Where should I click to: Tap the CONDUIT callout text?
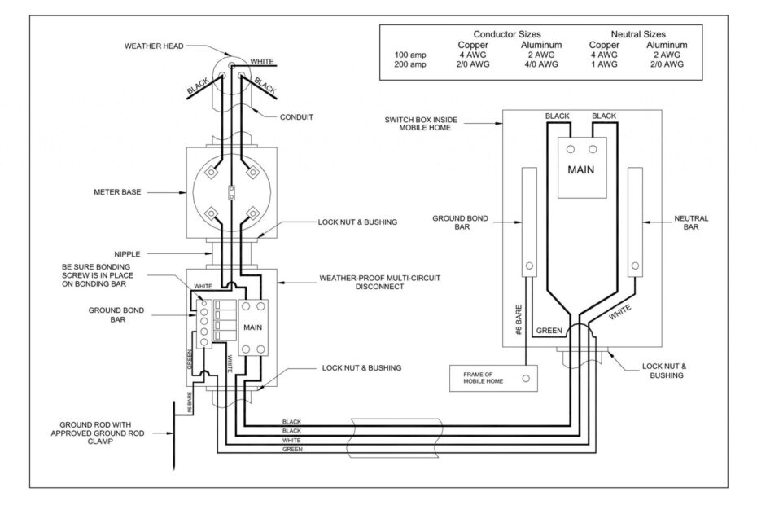pyautogui.click(x=295, y=116)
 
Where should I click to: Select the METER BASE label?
pyautogui.click(x=118, y=192)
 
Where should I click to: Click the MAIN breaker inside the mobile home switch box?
pyautogui.click(x=581, y=169)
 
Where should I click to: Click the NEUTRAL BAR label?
pyautogui.click(x=691, y=223)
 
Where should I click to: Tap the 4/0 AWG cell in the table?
pyautogui.click(x=540, y=64)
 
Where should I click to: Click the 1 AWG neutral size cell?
pyautogui.click(x=604, y=64)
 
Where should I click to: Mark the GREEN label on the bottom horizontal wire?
pyautogui.click(x=291, y=450)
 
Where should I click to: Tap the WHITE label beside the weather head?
pyautogui.click(x=262, y=61)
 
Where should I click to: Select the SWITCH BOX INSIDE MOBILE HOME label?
pyautogui.click(x=421, y=124)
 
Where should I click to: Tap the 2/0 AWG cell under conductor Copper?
pyautogui.click(x=473, y=64)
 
